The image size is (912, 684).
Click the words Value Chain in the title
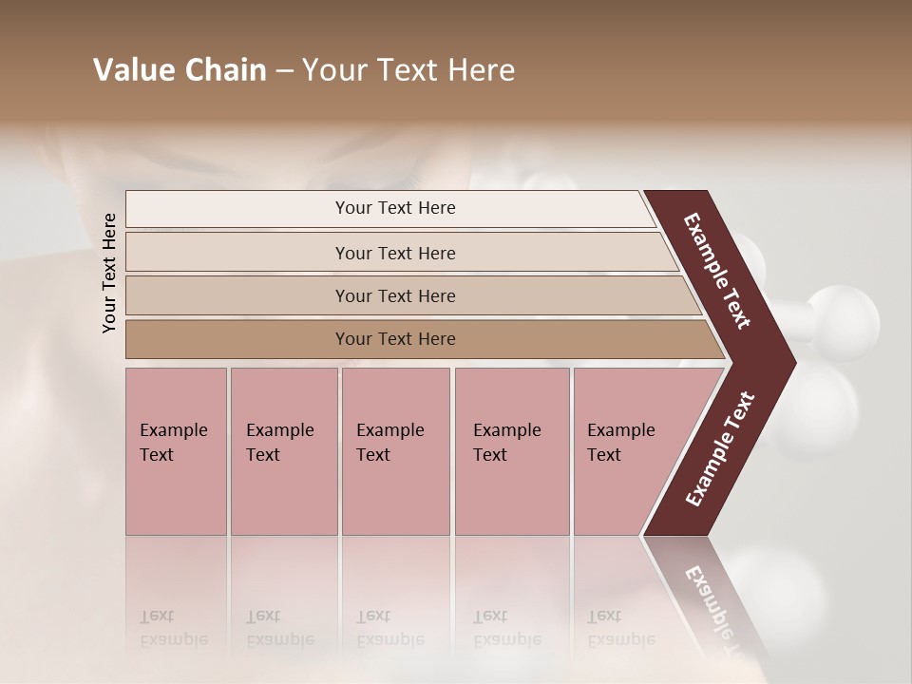(180, 70)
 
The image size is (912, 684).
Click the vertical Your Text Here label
(109, 273)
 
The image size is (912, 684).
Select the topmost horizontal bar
(394, 208)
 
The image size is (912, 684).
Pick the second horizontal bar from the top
(394, 253)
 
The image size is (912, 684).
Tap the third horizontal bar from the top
(394, 295)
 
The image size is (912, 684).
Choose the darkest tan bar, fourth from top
(394, 339)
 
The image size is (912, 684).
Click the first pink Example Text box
(176, 451)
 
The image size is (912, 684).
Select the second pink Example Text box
(283, 451)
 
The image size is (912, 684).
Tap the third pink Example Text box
(395, 451)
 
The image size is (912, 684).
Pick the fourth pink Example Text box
(511, 451)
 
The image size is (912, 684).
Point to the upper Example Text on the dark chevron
(717, 271)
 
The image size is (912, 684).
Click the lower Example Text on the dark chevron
(720, 449)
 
